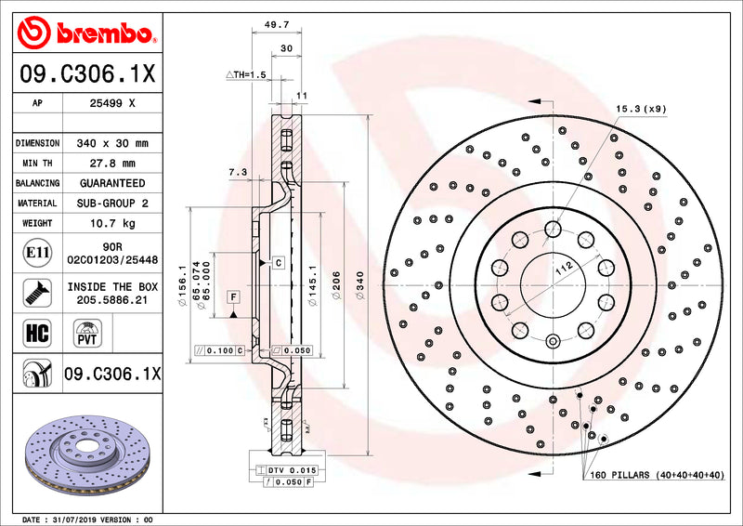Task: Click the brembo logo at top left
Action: (x=86, y=34)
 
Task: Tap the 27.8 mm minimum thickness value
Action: (x=111, y=164)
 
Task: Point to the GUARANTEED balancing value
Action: (x=111, y=183)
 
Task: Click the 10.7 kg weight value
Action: (x=111, y=223)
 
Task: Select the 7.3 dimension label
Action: (x=237, y=172)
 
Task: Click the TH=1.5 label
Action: (x=246, y=73)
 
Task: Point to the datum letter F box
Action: (x=233, y=297)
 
